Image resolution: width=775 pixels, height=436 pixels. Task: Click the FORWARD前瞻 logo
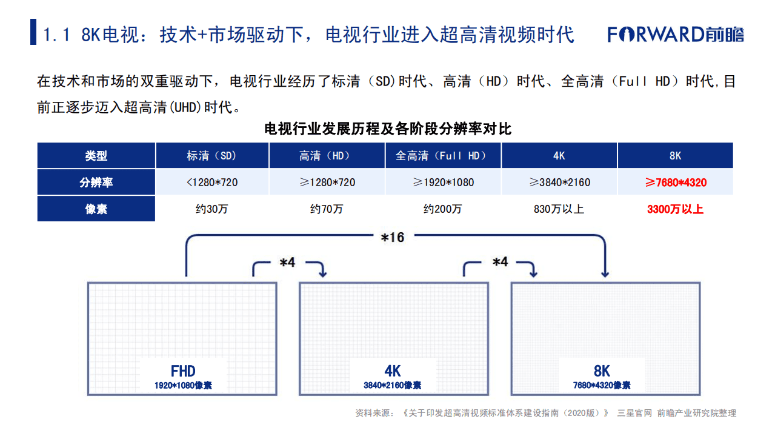pos(676,34)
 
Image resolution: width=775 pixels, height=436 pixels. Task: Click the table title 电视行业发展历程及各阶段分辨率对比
pos(388,129)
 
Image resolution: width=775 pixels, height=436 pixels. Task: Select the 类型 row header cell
pos(96,156)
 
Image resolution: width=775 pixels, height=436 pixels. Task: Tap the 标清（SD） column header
pos(211,156)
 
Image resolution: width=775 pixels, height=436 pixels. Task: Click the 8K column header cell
pos(675,156)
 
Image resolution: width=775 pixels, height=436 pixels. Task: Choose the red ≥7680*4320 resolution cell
pos(675,183)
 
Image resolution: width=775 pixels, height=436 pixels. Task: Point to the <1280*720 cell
pos(211,183)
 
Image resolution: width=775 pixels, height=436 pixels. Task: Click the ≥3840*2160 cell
pos(559,183)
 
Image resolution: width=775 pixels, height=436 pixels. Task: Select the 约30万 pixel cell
pos(211,209)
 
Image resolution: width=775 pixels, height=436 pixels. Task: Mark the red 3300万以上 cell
pos(675,209)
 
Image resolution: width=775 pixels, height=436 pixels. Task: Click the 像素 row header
pos(96,209)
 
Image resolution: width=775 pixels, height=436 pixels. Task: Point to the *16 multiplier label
pos(392,237)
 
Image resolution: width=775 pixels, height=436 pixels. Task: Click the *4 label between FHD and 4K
pos(287,263)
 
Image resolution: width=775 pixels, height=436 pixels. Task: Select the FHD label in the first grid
pos(183,371)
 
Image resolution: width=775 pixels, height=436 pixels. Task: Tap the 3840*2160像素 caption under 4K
pos(393,386)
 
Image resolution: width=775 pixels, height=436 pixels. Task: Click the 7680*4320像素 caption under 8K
pos(602,386)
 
